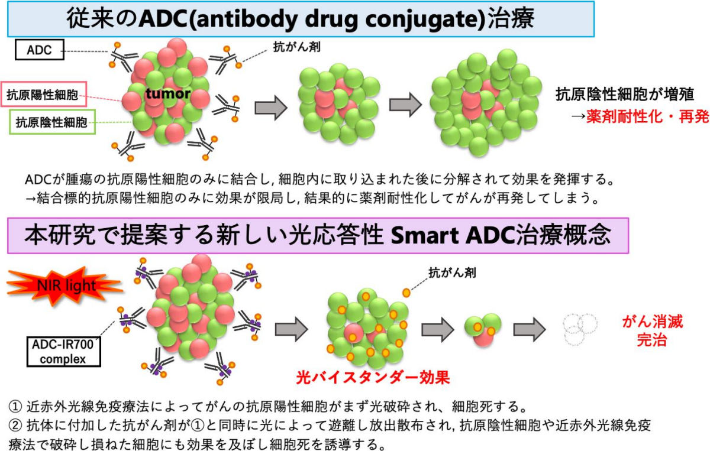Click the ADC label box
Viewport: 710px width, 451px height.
click(x=40, y=50)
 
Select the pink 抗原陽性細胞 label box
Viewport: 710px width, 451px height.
click(x=43, y=94)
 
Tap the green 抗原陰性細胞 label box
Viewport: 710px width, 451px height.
click(x=52, y=122)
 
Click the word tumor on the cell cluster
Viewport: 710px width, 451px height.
click(x=167, y=93)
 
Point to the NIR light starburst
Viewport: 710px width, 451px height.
click(x=65, y=285)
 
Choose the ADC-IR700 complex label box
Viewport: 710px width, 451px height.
click(x=63, y=352)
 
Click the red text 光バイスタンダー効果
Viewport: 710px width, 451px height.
click(x=373, y=377)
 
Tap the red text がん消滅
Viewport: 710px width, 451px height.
click(x=652, y=322)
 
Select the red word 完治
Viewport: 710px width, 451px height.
click(x=651, y=340)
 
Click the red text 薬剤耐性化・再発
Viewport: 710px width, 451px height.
click(x=647, y=116)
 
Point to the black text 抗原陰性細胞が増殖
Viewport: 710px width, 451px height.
click(x=625, y=94)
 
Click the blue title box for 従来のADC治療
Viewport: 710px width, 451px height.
click(x=301, y=19)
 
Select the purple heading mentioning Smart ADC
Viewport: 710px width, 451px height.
click(x=318, y=236)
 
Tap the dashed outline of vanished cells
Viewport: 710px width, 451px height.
click(x=580, y=329)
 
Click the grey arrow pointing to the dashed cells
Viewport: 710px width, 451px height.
click(x=530, y=329)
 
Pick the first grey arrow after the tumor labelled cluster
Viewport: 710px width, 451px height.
click(x=271, y=108)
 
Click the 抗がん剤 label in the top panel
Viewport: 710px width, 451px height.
click(x=296, y=47)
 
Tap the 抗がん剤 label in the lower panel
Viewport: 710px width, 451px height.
click(x=452, y=272)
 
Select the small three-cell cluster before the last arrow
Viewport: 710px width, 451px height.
click(x=483, y=330)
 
